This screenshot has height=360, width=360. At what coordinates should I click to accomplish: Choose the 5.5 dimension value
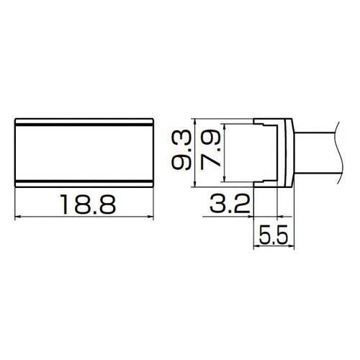click(274, 235)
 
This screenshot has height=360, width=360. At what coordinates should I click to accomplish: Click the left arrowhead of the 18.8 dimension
click(19, 217)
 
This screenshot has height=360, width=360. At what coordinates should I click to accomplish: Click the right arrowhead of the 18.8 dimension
click(152, 217)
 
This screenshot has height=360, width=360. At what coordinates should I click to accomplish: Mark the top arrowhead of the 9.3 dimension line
click(195, 121)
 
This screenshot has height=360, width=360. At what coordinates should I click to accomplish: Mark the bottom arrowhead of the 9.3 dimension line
click(195, 185)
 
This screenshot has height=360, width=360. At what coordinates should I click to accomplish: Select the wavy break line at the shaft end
click(337, 153)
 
